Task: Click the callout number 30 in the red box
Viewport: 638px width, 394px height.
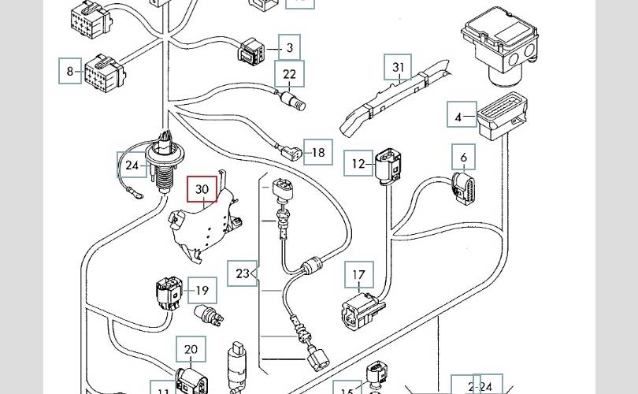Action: coord(202,189)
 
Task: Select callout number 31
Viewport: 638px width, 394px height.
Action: coord(399,69)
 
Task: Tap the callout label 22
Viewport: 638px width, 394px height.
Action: coord(289,74)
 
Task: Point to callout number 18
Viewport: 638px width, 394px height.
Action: coord(318,152)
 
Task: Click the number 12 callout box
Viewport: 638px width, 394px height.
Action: coord(359,164)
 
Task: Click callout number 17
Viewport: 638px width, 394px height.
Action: coord(359,276)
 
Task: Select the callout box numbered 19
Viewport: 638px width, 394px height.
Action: coord(203,290)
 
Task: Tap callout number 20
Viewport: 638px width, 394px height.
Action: coord(191,350)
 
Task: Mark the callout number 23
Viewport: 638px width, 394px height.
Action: coord(242,273)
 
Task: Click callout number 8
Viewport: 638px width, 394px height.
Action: coord(70,71)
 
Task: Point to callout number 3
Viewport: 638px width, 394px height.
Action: coord(289,48)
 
